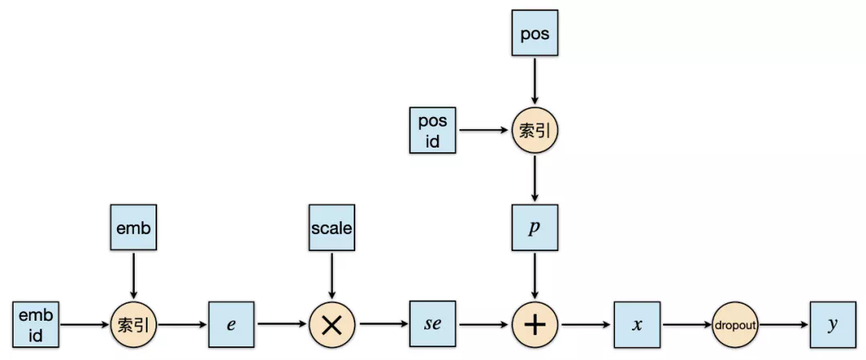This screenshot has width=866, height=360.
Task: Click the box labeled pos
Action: [x=535, y=33]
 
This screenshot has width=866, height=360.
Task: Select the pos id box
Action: [x=432, y=130]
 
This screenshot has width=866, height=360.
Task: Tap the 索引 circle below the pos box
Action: [x=535, y=131]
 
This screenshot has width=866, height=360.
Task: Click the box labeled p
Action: [x=535, y=228]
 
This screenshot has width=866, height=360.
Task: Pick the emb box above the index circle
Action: [x=134, y=228]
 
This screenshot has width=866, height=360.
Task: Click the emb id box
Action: [x=36, y=325]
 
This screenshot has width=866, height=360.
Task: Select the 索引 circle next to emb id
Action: [x=134, y=325]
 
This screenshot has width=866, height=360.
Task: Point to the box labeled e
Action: [x=232, y=325]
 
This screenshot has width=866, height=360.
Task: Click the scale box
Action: [x=331, y=228]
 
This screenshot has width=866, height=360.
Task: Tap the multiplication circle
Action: [x=331, y=325]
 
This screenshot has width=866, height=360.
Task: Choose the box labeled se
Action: [x=432, y=325]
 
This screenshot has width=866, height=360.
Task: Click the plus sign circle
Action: [x=535, y=325]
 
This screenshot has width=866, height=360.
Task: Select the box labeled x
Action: [x=637, y=325]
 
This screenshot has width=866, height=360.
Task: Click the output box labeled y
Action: [x=833, y=325]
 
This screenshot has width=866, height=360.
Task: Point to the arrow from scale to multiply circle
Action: [x=331, y=276]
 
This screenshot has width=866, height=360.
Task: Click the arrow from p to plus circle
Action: [x=535, y=276]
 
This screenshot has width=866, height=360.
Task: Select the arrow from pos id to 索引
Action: [x=484, y=131]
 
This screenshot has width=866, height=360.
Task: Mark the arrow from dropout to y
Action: [x=784, y=325]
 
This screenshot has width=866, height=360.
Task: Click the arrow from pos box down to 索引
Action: [x=535, y=81]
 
